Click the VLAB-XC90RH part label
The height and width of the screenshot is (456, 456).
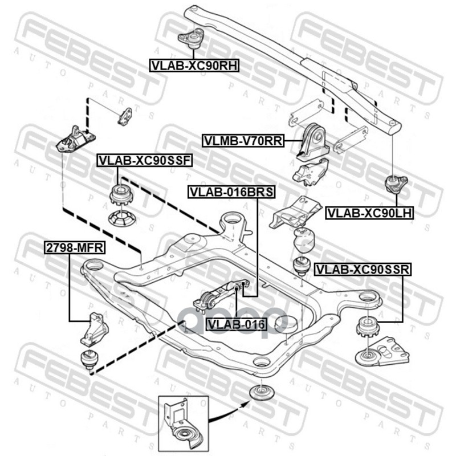pyautogui.click(x=193, y=65)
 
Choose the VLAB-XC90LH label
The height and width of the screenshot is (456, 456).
pyautogui.click(x=370, y=213)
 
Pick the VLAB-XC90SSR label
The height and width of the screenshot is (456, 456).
pyautogui.click(x=363, y=268)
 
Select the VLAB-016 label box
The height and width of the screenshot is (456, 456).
pyautogui.click(x=237, y=325)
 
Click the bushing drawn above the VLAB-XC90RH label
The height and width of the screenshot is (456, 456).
pyautogui.click(x=192, y=39)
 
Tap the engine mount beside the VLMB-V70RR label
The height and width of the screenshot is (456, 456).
pyautogui.click(x=312, y=142)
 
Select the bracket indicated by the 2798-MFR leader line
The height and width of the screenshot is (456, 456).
pyautogui.click(x=95, y=329)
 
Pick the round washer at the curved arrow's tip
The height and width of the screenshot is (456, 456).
pyautogui.click(x=263, y=393)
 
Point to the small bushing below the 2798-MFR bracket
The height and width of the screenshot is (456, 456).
pyautogui.click(x=89, y=359)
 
